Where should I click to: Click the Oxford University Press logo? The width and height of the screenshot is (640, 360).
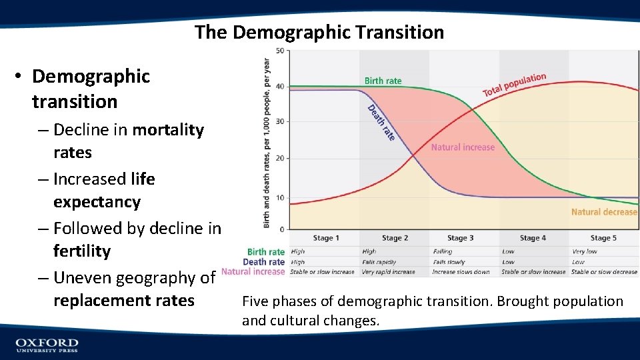47,344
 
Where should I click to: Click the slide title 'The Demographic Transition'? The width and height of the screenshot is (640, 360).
319,32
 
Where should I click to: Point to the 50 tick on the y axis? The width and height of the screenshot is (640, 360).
280,51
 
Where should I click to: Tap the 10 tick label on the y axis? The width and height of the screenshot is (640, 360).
281,198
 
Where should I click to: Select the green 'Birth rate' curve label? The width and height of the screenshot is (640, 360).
383,81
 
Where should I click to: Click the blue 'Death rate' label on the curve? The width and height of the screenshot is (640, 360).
381,123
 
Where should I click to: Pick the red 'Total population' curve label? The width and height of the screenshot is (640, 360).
514,85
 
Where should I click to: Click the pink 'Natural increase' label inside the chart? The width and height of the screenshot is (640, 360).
463,147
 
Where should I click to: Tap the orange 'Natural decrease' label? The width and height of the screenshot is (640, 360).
604,212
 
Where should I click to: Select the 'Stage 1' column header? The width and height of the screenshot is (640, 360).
326,238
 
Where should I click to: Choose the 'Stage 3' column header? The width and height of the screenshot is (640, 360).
461,238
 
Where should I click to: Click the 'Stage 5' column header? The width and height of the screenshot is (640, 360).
603,238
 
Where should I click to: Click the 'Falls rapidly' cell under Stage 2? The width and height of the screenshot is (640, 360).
379,262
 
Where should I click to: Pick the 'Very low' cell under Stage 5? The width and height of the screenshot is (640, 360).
585,252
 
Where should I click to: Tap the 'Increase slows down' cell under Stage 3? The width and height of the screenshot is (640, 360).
461,272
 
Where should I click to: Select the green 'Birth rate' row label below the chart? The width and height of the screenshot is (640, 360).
266,252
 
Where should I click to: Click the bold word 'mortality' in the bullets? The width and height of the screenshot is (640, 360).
168,129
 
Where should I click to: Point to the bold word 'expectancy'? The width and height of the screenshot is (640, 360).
97,202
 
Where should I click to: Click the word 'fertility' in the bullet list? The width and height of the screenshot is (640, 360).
81,251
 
